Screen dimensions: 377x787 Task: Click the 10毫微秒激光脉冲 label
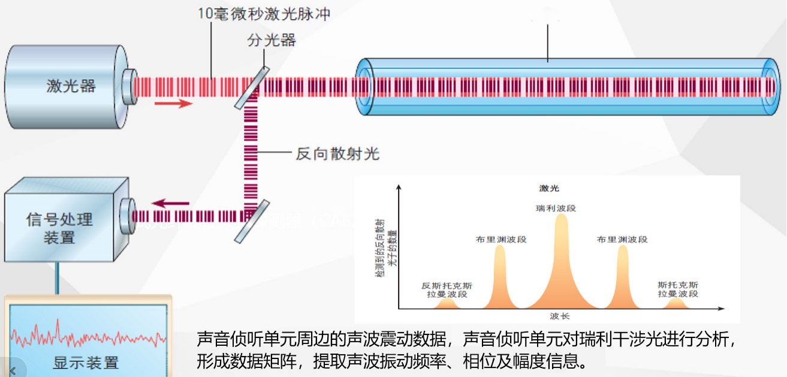tap(264, 14)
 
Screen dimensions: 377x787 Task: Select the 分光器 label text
tap(272, 41)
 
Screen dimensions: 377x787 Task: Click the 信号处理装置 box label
tap(59, 228)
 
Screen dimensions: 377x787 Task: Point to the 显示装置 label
tap(86, 363)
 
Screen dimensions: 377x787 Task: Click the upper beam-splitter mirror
tap(249, 88)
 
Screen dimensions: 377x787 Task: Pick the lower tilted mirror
tap(249, 222)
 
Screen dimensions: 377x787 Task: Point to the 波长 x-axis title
tap(559, 316)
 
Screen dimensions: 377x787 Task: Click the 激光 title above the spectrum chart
tap(549, 188)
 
